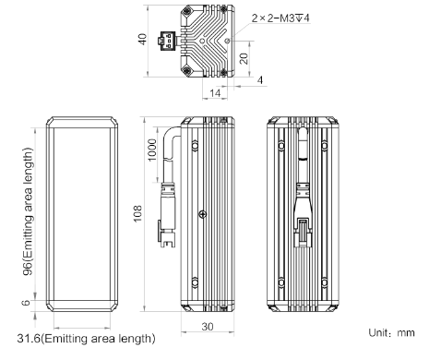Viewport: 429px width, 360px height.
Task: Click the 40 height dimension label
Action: coord(143,39)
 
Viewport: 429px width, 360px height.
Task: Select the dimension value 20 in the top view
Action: coord(244,58)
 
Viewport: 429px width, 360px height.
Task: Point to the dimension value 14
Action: coord(215,92)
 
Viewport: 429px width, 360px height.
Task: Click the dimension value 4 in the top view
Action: coord(260,80)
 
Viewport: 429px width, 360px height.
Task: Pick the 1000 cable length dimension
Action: coord(152,150)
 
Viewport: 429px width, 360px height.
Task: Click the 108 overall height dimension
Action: coord(137,213)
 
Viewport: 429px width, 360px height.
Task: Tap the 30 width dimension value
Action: coord(208,327)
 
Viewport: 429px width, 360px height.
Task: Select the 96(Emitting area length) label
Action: coord(28,211)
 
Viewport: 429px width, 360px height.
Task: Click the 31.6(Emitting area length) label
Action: coord(86,339)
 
